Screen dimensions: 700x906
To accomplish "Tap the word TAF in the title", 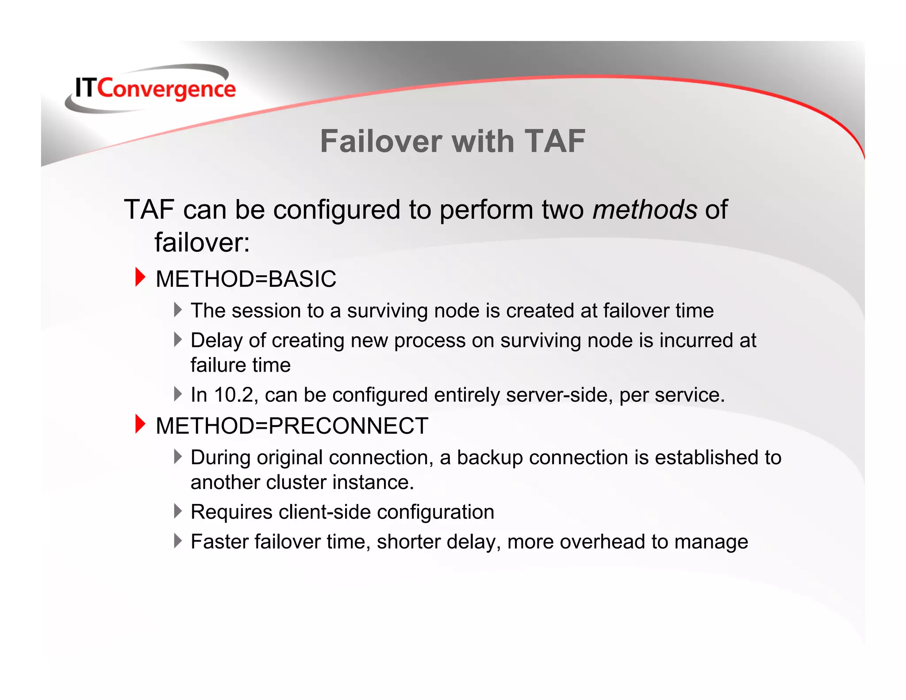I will (555, 142).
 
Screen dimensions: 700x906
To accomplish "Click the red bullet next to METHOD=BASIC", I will (140, 277).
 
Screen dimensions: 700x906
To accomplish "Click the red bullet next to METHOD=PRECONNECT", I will (140, 424).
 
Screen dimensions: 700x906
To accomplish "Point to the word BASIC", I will (302, 279).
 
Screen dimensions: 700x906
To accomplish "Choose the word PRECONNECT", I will (348, 426).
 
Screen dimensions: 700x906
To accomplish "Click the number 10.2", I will (234, 395).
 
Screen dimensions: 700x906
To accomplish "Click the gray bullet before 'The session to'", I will (178, 310).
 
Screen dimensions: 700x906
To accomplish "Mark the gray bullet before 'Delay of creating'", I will (178, 340).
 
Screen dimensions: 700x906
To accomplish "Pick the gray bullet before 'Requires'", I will (178, 511).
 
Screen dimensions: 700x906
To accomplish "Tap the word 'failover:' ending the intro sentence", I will (202, 242).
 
